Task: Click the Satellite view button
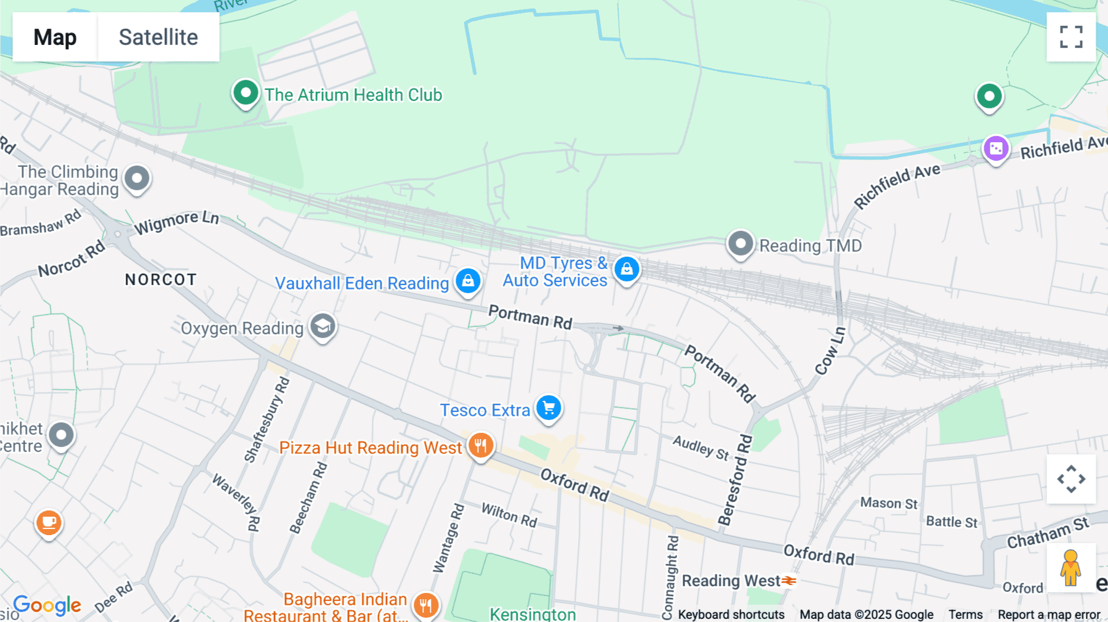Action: coord(158,37)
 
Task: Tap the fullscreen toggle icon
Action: coord(1071,37)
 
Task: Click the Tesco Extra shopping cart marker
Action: coord(548,408)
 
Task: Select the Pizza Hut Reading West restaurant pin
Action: coord(481,445)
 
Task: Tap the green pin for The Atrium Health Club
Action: coord(246,94)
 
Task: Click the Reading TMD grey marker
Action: coord(741,244)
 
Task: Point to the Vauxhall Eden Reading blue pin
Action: coord(468,281)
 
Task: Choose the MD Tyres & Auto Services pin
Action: coord(627,270)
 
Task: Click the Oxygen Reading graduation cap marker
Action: coord(323,326)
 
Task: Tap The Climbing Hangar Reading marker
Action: coord(137,179)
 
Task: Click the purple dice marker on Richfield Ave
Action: coord(996,149)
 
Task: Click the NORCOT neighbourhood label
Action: coord(161,280)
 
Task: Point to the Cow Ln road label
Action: coord(830,351)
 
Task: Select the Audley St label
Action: coord(701,447)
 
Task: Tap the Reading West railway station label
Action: coord(731,581)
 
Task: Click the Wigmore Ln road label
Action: coord(177,222)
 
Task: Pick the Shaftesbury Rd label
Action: coord(267,419)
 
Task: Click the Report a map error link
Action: coord(1049,615)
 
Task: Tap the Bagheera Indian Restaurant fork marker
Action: coord(425,605)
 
